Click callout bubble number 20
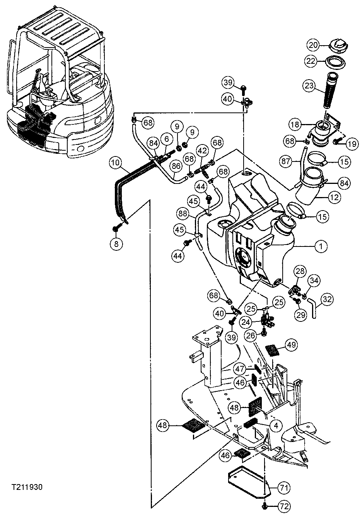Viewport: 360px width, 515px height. click(313, 45)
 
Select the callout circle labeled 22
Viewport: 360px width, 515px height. click(313, 60)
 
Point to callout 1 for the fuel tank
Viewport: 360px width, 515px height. click(321, 246)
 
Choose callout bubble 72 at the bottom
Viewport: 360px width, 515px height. click(284, 505)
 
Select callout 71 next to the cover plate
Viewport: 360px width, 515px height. click(284, 488)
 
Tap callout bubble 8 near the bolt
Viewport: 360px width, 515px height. click(117, 243)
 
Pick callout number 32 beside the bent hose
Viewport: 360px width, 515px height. click(327, 299)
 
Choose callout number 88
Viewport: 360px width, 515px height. click(184, 213)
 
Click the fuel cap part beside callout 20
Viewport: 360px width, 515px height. click(336, 46)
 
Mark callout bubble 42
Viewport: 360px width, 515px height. click(201, 150)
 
